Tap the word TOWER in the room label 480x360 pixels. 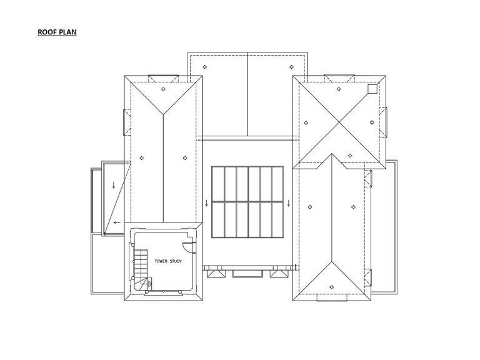tap(161, 261)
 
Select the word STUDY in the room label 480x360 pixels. tap(176, 261)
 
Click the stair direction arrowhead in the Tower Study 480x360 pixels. tap(150, 284)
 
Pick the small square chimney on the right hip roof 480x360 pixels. tap(372, 89)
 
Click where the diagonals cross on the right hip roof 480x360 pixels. tap(339, 122)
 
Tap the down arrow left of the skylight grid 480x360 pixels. tap(207, 203)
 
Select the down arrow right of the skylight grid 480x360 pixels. tap(288, 203)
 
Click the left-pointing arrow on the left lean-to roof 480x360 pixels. tap(117, 222)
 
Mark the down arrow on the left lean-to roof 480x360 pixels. tap(114, 185)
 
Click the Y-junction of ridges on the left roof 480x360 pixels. tap(163, 114)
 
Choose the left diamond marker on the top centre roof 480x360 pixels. tap(204, 67)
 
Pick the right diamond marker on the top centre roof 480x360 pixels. tap(291, 67)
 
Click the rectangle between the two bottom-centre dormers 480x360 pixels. tap(247, 274)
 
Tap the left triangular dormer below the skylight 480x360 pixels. tap(216, 273)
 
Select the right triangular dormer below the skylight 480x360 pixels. tap(279, 273)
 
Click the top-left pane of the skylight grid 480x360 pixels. tap(218, 184)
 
